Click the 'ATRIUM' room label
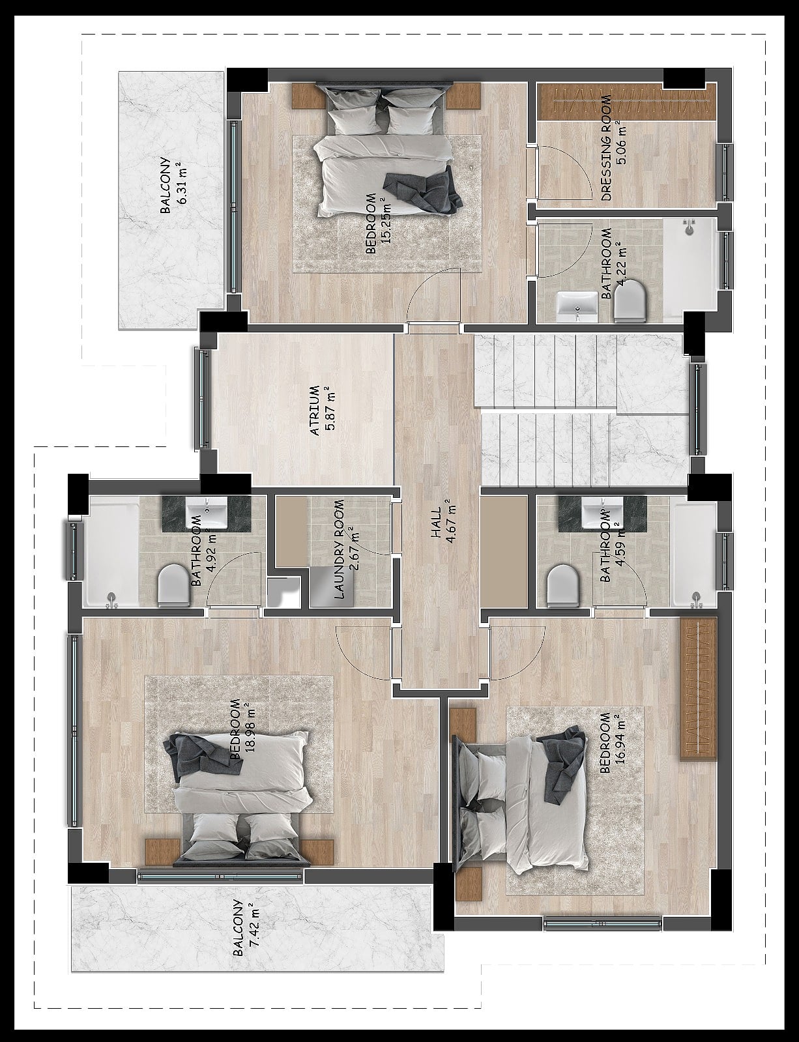point(315,411)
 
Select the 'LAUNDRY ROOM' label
point(339,549)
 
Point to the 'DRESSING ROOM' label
point(606,148)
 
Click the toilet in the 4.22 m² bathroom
point(631,300)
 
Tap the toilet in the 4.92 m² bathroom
point(173,585)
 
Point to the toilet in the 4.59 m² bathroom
point(562,585)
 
